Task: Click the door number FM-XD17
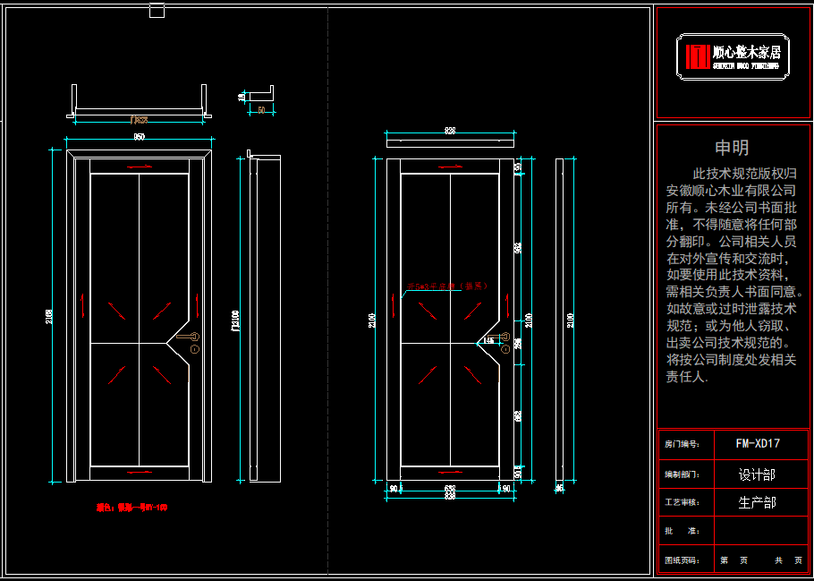pos(758,443)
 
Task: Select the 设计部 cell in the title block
pos(757,474)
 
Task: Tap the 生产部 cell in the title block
pos(757,503)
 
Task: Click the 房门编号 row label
pos(683,444)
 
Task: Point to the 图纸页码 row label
pos(683,560)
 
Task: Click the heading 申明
pos(732,148)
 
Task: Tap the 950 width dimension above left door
pos(140,137)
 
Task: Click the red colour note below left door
pos(131,508)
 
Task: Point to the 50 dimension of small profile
pos(261,109)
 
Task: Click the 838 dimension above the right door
pos(450,132)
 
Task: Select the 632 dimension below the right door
pos(450,489)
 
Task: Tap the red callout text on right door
pos(447,286)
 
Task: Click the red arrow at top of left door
pos(140,167)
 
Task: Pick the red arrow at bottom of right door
pos(450,470)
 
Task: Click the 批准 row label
pos(683,532)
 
